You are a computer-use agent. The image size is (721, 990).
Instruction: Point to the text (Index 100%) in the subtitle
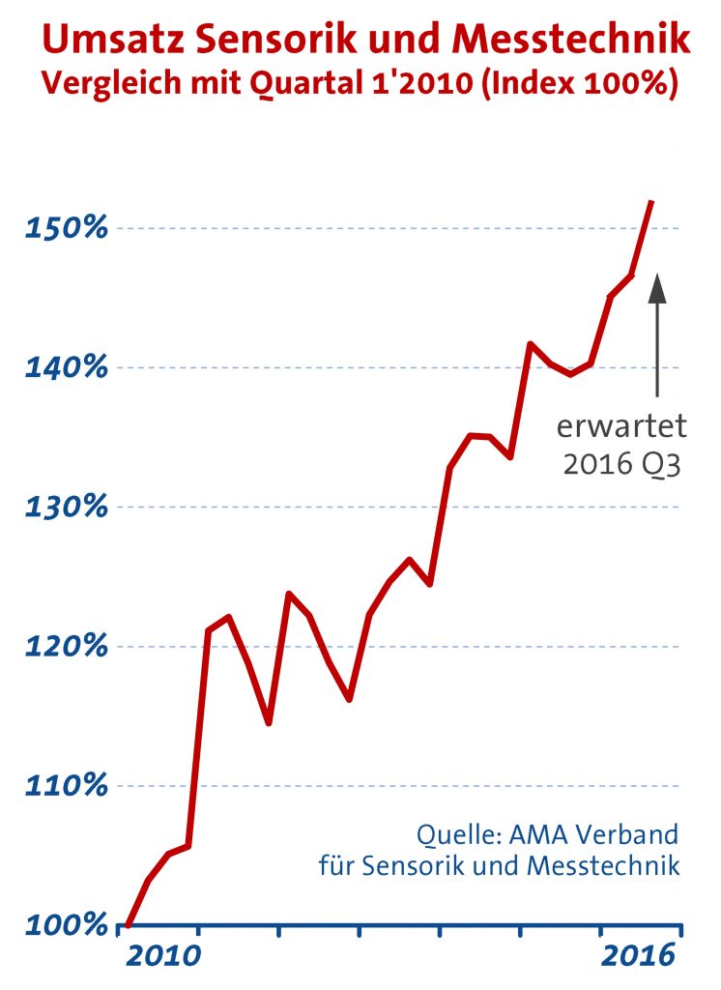(x=581, y=84)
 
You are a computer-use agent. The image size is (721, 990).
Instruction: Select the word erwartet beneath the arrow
(x=621, y=426)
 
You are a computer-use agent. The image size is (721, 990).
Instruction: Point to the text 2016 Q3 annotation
(x=621, y=466)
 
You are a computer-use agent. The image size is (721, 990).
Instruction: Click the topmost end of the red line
(x=652, y=202)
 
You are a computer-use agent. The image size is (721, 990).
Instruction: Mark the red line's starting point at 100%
(x=128, y=924)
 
